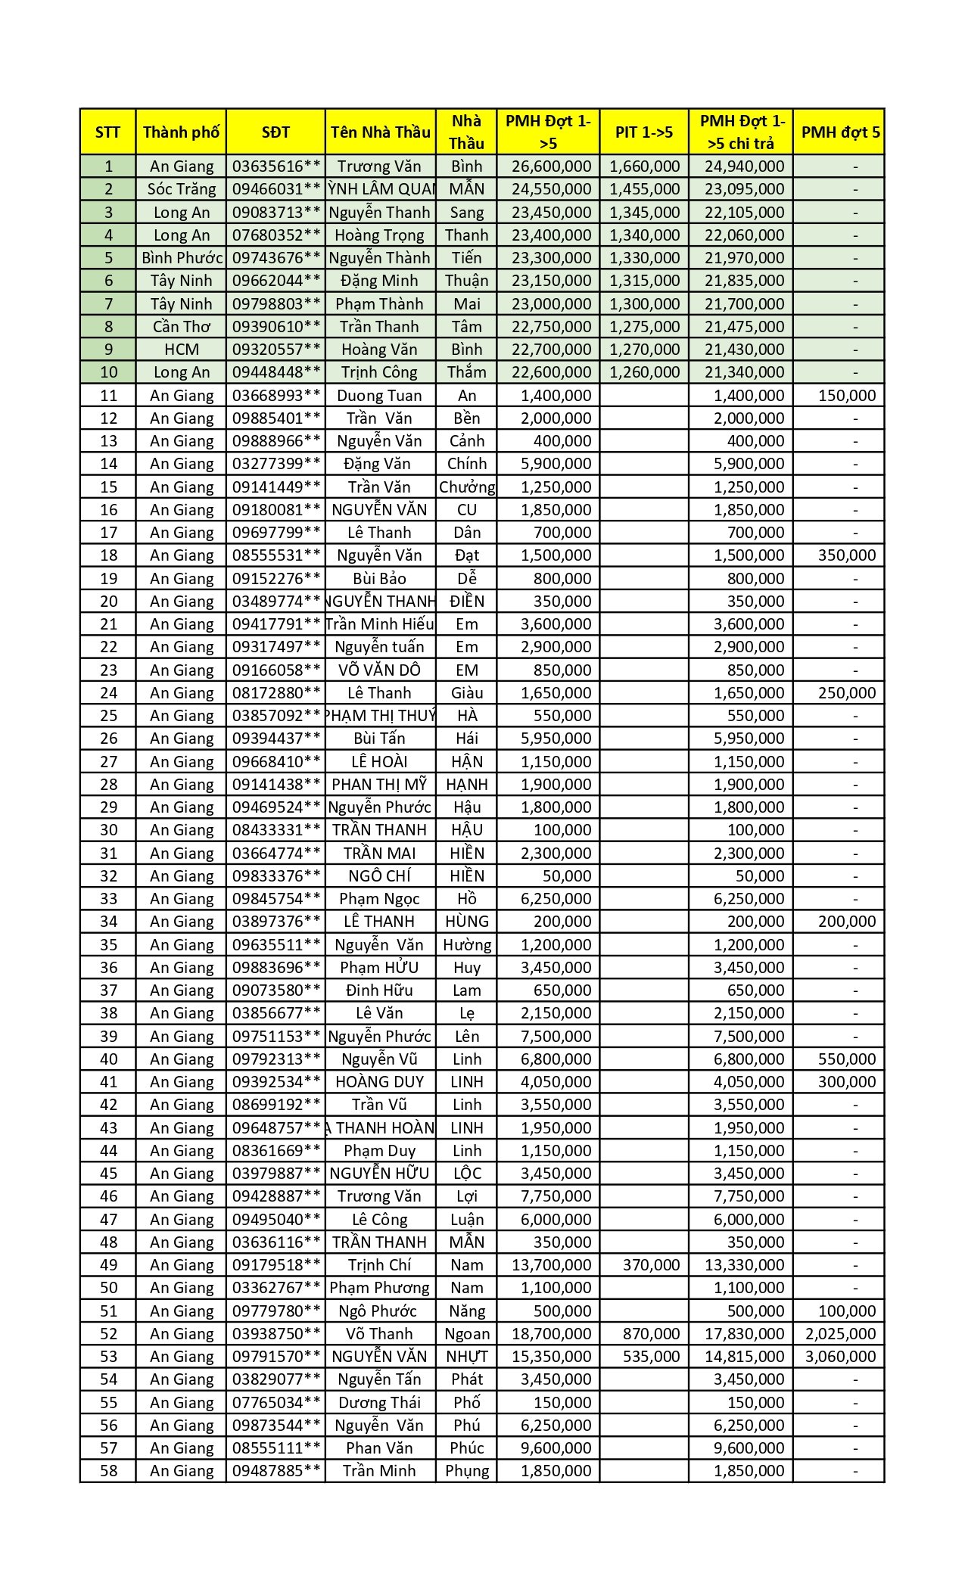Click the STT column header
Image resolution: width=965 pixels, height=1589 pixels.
[107, 132]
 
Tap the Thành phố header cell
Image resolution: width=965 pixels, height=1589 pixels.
[181, 132]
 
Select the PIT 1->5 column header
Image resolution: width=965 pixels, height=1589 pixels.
[644, 132]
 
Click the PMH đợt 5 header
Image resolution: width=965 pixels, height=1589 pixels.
[840, 132]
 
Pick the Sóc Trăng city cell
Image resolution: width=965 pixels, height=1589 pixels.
[181, 189]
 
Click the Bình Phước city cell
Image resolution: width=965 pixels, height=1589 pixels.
[181, 258]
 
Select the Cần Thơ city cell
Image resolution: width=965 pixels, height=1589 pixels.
[181, 327]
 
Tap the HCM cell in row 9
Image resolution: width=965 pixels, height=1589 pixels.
[181, 350]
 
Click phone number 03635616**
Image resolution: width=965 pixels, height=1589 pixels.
[276, 166]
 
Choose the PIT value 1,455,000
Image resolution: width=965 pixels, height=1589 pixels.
[644, 189]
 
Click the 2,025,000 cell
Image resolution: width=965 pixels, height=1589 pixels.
[840, 1334]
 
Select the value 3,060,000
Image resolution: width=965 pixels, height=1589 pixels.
[840, 1357]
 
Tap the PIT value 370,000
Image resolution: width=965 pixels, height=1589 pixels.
[651, 1265]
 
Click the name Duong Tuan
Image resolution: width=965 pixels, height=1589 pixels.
[379, 396]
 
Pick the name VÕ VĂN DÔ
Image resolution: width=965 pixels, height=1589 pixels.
[379, 670]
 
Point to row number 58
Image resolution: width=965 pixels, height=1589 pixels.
[108, 1471]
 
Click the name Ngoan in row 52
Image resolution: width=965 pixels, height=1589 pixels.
[467, 1334]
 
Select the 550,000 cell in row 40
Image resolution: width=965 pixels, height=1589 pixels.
[846, 1059]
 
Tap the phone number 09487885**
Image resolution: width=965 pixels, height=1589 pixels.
[276, 1471]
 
